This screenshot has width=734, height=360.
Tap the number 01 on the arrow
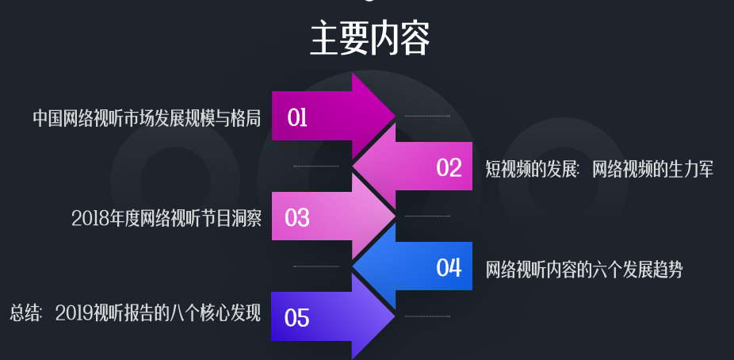tap(297, 118)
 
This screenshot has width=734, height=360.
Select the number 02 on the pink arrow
tap(449, 168)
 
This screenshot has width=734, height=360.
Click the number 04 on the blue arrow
tap(449, 268)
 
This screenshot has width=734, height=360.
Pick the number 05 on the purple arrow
tap(297, 318)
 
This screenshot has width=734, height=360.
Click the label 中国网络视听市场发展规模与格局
tap(147, 118)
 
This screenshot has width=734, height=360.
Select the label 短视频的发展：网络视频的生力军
tap(599, 168)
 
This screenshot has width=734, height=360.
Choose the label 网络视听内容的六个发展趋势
tap(584, 269)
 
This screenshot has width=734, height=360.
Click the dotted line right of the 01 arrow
tap(427, 116)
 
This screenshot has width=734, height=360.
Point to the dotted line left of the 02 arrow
tap(316, 167)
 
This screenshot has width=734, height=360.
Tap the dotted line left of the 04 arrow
tap(316, 266)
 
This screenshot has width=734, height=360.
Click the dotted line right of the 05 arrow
tap(427, 316)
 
